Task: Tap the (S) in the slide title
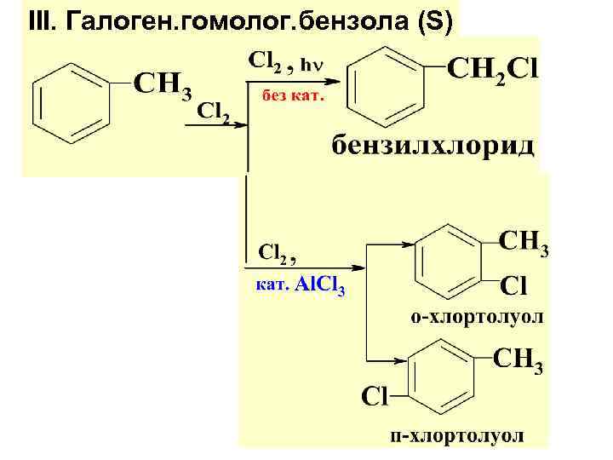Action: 435,21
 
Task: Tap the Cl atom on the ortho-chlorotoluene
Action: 517,284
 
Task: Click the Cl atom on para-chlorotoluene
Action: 375,395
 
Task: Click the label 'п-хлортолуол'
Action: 456,436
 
